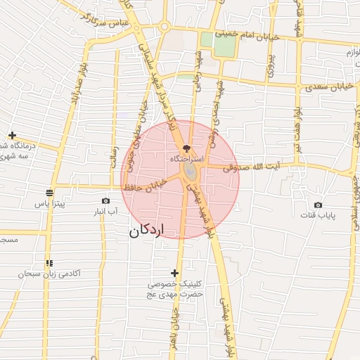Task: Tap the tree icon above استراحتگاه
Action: click(186, 148)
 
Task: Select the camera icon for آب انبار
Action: click(105, 200)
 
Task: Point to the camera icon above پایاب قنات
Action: click(318, 205)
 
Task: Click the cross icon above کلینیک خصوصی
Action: click(174, 273)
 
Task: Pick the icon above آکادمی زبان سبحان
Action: click(49, 263)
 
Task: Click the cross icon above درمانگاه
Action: click(12, 135)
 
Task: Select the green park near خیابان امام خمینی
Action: click(225, 45)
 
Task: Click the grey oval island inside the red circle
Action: click(190, 172)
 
